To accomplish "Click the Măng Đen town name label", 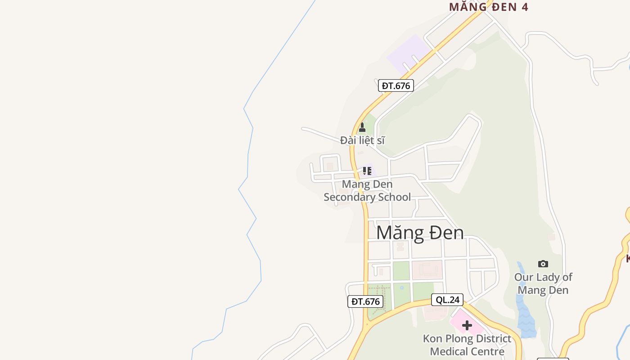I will tap(420, 233).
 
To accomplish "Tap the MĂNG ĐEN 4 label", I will tap(488, 7).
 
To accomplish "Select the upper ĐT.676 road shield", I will tap(396, 85).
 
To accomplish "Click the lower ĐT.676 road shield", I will tap(365, 301).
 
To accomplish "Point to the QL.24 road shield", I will tap(447, 300).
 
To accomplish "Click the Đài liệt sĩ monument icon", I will tap(362, 128).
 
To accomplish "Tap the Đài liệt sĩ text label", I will tap(362, 140).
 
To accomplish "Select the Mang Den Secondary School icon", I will tap(367, 171).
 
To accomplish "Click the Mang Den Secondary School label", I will tap(367, 191).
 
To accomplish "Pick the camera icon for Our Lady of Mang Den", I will tap(543, 264).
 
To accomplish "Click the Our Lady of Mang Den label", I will tap(543, 283).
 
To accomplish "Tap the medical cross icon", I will tap(467, 325).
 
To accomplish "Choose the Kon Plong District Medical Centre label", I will tap(467, 345).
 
